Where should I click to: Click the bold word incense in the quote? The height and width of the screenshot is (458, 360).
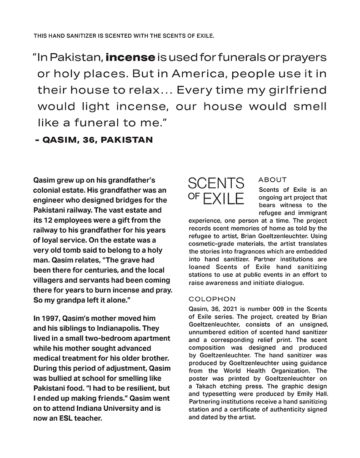point(130,58)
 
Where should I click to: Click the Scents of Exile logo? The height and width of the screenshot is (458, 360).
point(216,191)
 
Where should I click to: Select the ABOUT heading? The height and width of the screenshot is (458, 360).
point(273,180)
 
